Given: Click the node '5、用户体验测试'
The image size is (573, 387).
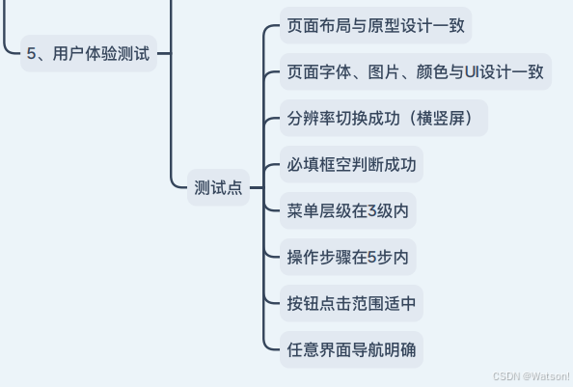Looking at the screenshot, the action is click(89, 53).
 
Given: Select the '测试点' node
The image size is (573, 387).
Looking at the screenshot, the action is click(218, 187).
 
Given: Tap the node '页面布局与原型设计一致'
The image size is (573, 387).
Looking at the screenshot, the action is click(375, 25).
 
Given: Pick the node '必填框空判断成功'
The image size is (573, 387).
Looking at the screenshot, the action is click(351, 164).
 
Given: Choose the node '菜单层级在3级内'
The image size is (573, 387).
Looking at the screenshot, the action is click(348, 210).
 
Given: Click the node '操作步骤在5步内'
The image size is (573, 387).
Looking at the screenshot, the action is click(348, 257).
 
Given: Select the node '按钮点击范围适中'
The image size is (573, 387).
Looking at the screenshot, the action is click(351, 303).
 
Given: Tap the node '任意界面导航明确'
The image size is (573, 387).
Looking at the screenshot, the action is click(351, 349).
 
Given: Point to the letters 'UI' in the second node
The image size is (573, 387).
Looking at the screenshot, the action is click(472, 71).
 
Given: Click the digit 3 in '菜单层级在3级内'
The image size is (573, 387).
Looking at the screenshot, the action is click(372, 210).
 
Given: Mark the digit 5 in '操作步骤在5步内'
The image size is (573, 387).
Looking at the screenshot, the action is click(372, 258).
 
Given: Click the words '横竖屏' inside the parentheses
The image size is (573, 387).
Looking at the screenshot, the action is click(440, 118).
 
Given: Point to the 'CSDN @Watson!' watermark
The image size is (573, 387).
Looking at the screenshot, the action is click(532, 376).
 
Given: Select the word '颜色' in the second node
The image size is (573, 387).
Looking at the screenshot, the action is click(432, 71).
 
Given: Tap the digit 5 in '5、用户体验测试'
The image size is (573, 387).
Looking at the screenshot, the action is click(31, 53).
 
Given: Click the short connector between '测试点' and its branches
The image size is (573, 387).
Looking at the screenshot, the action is click(257, 187).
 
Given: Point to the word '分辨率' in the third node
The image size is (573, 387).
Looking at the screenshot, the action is click(312, 118).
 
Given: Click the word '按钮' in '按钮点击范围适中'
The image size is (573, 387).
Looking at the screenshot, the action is click(303, 303).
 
